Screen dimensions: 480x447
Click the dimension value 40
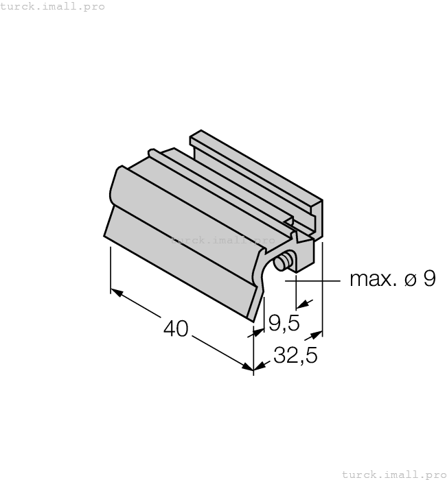tap(176, 329)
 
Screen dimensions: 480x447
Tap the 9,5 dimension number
tap(283, 322)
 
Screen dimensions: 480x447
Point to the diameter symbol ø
tap(410, 280)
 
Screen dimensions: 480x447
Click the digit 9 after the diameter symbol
tap(428, 279)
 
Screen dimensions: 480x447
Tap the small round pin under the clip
tap(282, 263)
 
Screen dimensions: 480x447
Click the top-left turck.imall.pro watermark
tap(53, 6)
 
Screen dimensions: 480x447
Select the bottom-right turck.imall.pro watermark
tap(394, 474)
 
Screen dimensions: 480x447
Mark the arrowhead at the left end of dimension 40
tap(117, 293)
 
